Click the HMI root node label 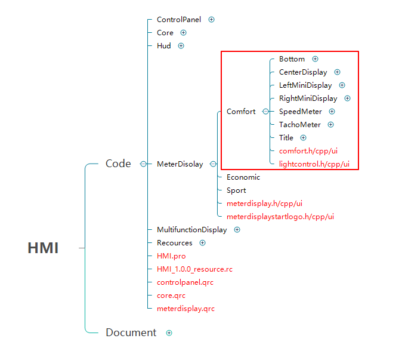43,248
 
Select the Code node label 118,164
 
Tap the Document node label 131,333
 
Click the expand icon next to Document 169,333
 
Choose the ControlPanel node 179,20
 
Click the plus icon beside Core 183,33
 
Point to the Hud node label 164,46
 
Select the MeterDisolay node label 180,164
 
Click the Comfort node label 241,112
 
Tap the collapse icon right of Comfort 265,112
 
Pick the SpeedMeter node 301,112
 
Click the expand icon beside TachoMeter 330,125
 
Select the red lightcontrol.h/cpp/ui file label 314,164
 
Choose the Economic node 243,177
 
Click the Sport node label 236,190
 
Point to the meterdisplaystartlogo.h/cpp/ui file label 280,217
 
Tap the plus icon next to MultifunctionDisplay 237,230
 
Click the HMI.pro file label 171,256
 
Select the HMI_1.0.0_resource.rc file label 194,269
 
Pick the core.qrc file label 171,296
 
